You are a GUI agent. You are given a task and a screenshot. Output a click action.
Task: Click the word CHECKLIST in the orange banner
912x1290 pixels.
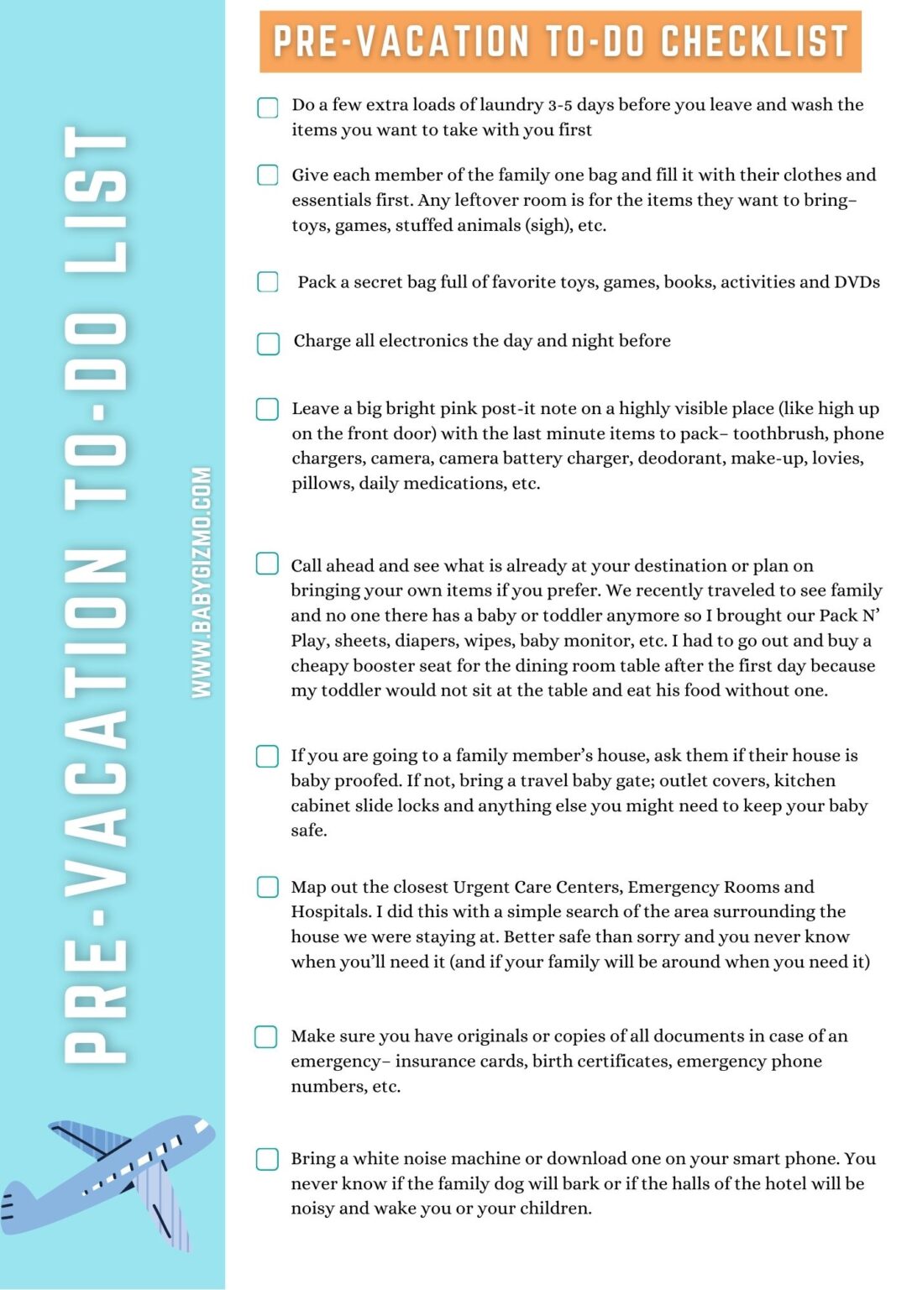[753, 41]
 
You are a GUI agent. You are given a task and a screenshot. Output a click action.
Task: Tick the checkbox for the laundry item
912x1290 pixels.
[267, 107]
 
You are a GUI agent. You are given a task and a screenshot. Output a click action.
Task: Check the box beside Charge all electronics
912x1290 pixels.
[268, 343]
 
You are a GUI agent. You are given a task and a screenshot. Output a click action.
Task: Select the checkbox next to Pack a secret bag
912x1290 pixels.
[267, 281]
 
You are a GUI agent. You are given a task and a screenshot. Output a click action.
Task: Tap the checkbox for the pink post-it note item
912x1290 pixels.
[267, 409]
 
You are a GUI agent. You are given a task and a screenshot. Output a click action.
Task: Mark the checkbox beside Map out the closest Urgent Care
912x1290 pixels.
[267, 887]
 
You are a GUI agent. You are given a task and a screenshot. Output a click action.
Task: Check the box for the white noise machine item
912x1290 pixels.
[267, 1159]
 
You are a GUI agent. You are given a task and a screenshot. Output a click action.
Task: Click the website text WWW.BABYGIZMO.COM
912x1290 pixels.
[201, 582]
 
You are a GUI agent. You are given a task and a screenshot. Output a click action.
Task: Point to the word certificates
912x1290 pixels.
[626, 1062]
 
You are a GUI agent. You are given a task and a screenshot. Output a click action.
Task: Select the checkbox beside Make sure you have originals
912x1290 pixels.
[266, 1036]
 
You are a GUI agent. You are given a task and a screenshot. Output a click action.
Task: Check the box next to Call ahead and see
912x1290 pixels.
[267, 564]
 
